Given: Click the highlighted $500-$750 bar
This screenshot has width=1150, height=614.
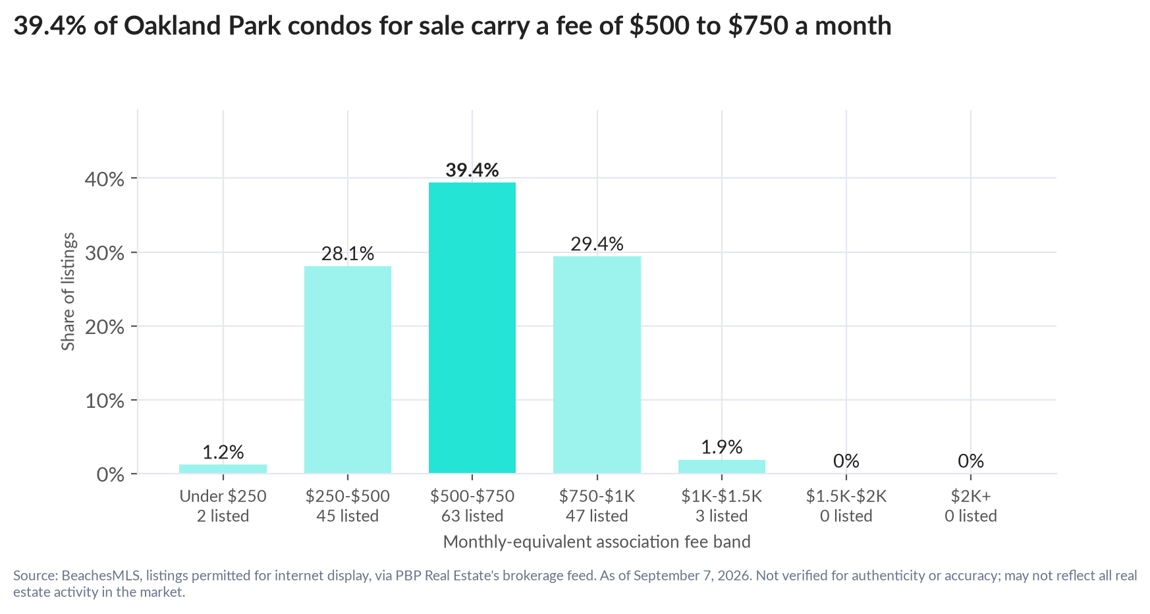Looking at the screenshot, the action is (472, 327).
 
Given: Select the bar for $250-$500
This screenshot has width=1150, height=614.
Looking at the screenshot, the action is (348, 370).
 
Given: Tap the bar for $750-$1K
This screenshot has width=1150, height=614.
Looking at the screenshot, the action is (597, 364).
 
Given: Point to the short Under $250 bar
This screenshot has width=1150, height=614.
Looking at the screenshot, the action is (223, 468).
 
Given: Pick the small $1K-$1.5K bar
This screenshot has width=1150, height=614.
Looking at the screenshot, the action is (722, 466).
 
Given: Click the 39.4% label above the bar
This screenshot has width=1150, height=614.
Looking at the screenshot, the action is (472, 170).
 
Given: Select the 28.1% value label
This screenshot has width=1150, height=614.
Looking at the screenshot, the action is (348, 254).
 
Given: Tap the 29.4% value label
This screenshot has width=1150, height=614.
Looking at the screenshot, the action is (597, 244).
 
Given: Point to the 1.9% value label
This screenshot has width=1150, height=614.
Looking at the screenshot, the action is (722, 447).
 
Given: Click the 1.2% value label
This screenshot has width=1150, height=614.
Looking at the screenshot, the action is (223, 452).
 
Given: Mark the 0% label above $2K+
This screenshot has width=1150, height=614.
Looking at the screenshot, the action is (971, 460).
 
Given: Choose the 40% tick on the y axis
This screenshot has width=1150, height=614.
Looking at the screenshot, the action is (105, 179).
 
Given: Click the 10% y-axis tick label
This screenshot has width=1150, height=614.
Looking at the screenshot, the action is (105, 401).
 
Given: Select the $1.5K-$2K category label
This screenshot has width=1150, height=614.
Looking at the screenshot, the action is (846, 496).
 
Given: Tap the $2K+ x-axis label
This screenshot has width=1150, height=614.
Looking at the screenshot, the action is (971, 496).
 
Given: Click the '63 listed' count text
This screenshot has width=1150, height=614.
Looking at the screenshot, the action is (472, 516).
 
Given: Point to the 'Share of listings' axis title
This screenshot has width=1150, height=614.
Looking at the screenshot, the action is (68, 292).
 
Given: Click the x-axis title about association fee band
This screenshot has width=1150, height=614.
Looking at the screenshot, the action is (597, 542).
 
